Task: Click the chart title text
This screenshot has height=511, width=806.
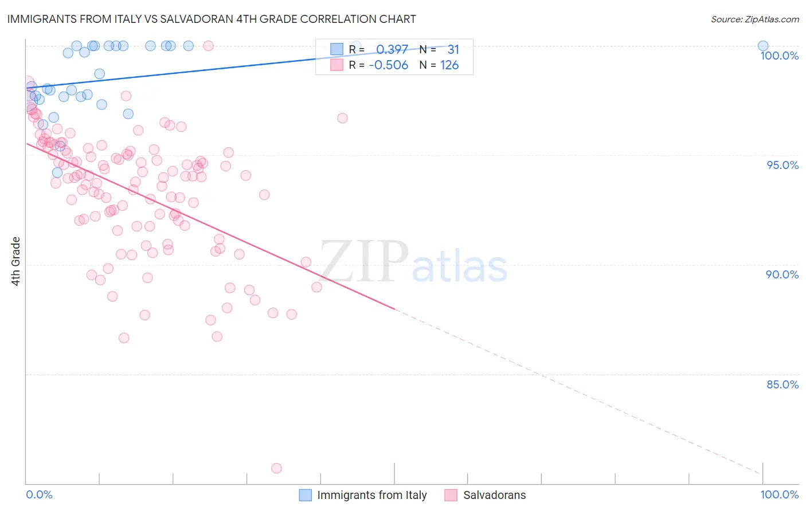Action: coord(212,19)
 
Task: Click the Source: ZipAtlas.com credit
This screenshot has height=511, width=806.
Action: coord(754,19)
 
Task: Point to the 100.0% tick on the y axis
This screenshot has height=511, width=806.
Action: coord(779,56)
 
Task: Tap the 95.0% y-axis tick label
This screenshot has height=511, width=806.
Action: coord(782,165)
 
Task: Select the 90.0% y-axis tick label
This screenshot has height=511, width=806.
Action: coord(782,274)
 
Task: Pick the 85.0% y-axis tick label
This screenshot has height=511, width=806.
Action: coord(782,384)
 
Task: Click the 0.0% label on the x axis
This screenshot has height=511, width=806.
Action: coord(39,494)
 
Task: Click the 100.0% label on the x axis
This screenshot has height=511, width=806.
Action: coord(779,494)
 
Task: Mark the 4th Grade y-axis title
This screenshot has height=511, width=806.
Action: coord(16,261)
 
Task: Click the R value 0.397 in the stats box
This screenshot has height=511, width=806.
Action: coord(392,49)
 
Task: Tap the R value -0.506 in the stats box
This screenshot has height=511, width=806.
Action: coord(389,65)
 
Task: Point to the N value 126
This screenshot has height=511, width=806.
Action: coord(449,65)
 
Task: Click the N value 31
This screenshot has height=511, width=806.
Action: coord(453,49)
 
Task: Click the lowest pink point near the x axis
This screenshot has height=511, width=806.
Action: coord(276,468)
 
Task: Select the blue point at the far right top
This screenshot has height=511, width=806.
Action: coord(763,46)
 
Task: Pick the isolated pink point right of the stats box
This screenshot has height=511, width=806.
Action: coord(342,118)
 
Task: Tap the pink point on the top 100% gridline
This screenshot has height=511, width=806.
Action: coord(209,46)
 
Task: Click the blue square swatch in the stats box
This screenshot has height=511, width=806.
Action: coord(337,49)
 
